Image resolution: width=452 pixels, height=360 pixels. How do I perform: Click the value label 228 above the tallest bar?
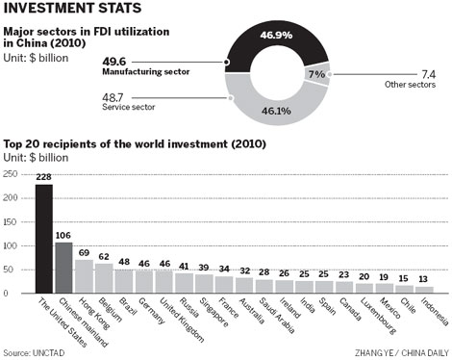pyautogui.click(x=44, y=177)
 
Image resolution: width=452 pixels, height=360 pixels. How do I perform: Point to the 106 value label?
pyautogui.click(x=65, y=234)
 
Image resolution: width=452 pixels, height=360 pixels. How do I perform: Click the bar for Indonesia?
pyautogui.click(x=425, y=290)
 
